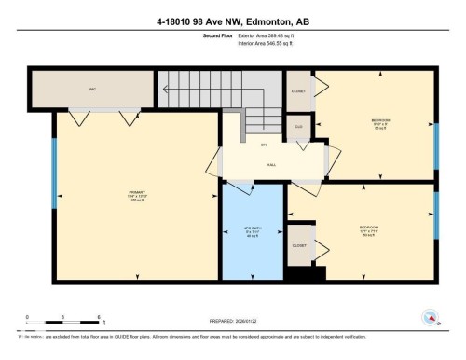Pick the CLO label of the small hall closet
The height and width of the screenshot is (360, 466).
pos(299,126)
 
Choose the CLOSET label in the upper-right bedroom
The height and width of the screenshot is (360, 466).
pos(299,91)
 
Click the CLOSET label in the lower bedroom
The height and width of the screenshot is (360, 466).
pos(299,245)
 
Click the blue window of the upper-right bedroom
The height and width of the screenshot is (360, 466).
pos(435,142)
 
